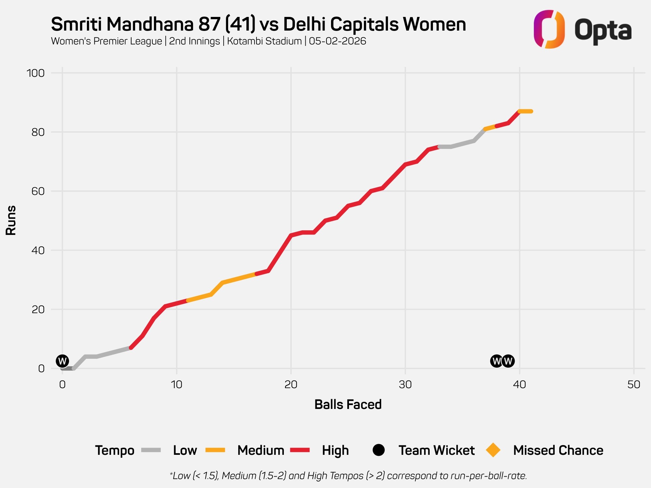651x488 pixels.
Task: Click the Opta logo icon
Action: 549,29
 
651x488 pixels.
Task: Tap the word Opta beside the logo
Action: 603,31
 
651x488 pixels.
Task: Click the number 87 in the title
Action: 209,24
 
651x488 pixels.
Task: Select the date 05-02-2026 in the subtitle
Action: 338,41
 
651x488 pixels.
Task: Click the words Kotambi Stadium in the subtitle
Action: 264,41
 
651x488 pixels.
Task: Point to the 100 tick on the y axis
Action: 35,73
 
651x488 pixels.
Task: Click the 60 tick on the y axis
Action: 38,191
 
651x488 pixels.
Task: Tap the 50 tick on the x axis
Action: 633,385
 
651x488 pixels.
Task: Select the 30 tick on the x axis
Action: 405,385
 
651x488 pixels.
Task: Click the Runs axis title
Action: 11,220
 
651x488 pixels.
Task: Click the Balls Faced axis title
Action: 348,404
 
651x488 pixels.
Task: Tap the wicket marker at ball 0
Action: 62,361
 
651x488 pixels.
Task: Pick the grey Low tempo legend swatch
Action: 151,450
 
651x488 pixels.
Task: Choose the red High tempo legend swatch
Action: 300,450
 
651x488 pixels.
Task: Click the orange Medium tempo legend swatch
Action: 215,450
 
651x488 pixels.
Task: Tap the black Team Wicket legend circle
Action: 379,450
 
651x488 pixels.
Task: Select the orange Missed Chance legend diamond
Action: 493,450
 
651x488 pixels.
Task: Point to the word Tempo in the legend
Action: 115,451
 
